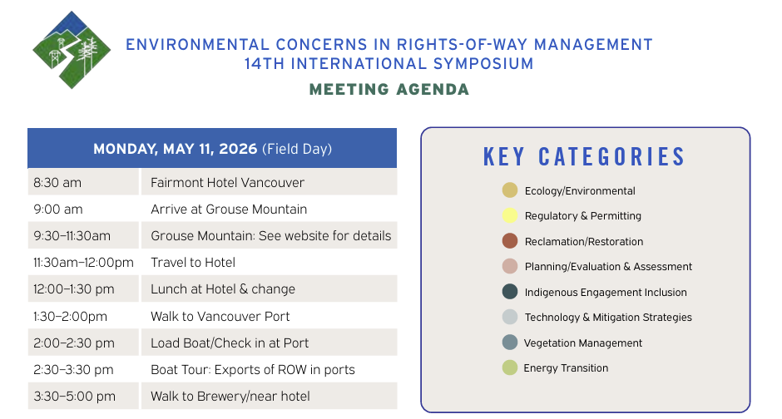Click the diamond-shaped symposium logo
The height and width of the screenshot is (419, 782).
click(72, 50)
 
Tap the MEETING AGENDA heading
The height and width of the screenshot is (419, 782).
click(389, 90)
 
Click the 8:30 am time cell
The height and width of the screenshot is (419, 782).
click(83, 182)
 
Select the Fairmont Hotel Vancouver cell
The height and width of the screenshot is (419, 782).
click(270, 182)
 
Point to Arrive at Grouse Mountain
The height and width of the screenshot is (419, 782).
click(229, 209)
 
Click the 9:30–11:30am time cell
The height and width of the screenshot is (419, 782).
click(83, 235)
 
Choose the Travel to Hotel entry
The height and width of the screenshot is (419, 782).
click(193, 263)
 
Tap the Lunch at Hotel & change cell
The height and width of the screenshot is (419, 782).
click(270, 289)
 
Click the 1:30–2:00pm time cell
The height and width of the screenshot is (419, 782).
click(71, 317)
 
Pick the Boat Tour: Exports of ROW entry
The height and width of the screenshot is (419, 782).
click(253, 370)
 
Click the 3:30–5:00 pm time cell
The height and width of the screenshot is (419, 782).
click(83, 396)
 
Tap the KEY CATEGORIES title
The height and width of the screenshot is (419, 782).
click(585, 157)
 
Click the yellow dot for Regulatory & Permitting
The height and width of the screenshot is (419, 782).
click(510, 215)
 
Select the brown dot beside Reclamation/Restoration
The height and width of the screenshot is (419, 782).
click(510, 240)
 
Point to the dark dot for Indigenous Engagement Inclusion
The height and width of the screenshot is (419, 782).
click(510, 292)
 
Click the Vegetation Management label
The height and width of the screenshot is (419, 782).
click(583, 343)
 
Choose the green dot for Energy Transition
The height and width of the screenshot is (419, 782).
click(510, 367)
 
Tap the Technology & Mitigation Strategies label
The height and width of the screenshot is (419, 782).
click(608, 318)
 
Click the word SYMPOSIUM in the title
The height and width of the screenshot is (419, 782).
click(483, 64)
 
